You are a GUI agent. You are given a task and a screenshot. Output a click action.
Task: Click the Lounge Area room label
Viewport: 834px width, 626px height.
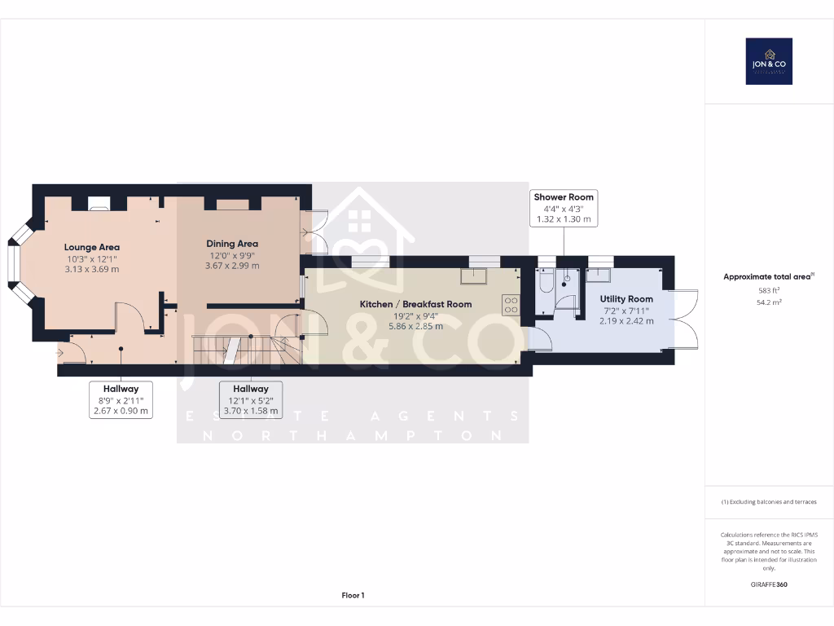92,247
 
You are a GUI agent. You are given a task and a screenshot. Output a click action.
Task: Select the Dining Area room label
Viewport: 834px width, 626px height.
232,244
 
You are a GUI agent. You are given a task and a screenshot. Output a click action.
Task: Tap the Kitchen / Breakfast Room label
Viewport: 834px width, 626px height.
416,304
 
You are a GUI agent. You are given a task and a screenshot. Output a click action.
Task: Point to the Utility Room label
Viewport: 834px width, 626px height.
626,299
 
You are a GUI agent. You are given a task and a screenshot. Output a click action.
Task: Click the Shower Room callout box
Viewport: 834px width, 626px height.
564,209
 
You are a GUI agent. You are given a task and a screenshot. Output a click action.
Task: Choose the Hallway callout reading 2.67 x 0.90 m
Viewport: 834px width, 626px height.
121,400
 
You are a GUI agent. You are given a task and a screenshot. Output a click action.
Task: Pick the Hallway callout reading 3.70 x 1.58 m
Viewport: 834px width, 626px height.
251,400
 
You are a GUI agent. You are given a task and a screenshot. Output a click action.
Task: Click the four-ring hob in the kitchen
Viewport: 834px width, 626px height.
511,305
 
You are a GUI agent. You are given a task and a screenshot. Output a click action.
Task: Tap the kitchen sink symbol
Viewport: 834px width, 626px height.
473,276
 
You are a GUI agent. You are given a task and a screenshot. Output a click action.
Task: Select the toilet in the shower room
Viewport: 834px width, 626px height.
545,283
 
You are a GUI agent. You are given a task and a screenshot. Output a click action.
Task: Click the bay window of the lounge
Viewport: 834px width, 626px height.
15,262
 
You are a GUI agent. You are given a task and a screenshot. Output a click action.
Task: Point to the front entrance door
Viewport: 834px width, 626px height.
72,352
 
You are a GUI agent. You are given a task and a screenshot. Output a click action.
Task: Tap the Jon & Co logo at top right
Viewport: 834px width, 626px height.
769,61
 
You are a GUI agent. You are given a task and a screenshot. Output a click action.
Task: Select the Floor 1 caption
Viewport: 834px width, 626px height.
353,596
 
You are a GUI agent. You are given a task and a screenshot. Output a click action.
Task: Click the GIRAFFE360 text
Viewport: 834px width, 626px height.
769,584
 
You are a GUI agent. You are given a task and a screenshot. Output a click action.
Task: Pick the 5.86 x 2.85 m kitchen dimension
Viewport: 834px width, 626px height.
416,326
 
